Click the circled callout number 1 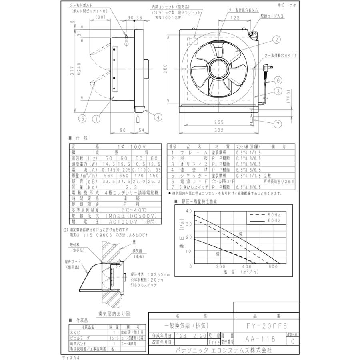pos(96,118)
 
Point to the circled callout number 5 pos(82,118)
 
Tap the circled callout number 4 pos(158,117)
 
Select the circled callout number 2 pos(276,39)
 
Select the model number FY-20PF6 pos(266,326)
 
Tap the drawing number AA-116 pos(260,339)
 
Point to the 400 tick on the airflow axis pos(247,266)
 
